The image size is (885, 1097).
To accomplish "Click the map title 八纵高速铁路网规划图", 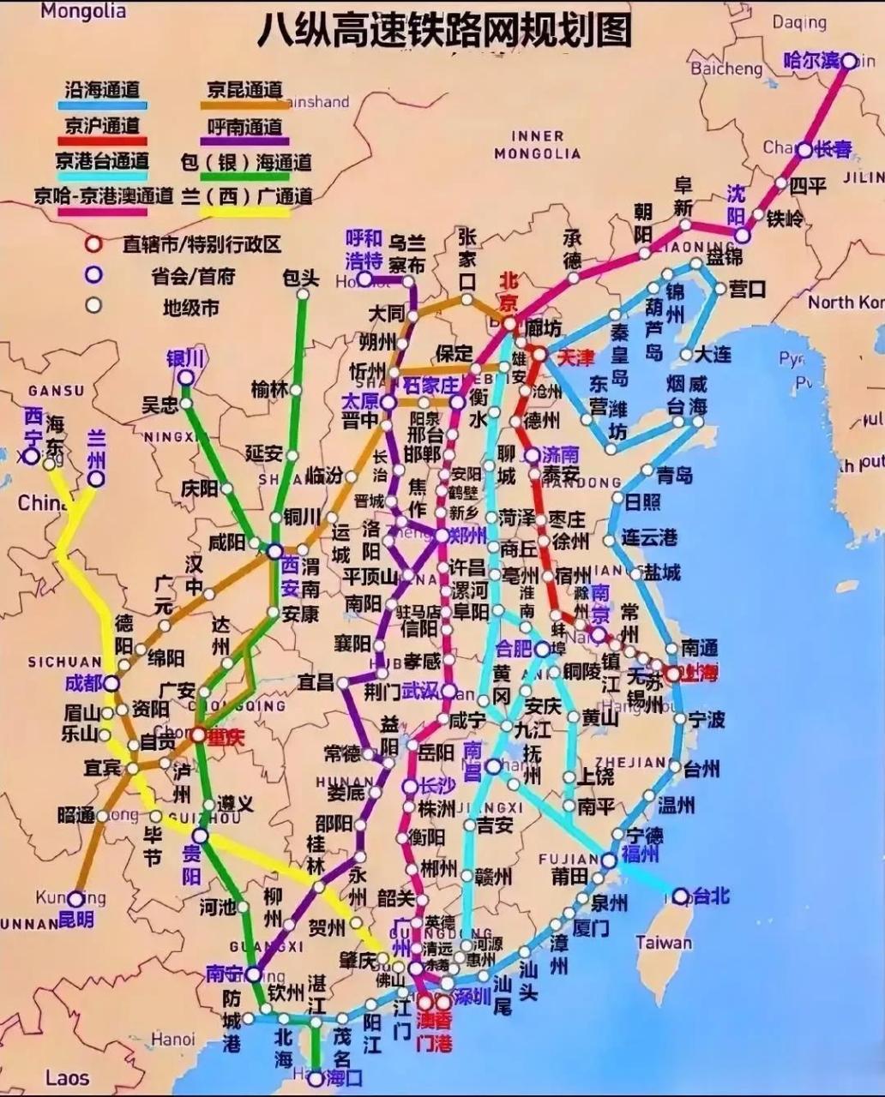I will [444, 30].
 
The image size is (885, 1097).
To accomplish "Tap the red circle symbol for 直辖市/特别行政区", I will [93, 243].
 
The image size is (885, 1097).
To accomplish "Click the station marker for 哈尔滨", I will [848, 60].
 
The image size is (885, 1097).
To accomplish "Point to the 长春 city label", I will [833, 149].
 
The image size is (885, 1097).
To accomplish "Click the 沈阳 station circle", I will [743, 235].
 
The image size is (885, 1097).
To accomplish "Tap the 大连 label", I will [713, 353].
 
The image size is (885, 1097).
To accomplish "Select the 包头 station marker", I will [303, 294].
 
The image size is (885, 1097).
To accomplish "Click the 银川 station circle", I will [185, 377].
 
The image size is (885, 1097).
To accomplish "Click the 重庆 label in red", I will [225, 736].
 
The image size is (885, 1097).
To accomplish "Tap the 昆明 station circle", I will [75, 899].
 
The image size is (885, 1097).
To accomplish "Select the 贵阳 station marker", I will [199, 835].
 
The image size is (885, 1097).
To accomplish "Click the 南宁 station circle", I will [253, 974].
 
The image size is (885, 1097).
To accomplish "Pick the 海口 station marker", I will [316, 1078].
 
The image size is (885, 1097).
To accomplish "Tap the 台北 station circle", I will [680, 896].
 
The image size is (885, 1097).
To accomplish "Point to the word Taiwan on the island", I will [664, 943].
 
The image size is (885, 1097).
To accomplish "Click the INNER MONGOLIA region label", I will [537, 144].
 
